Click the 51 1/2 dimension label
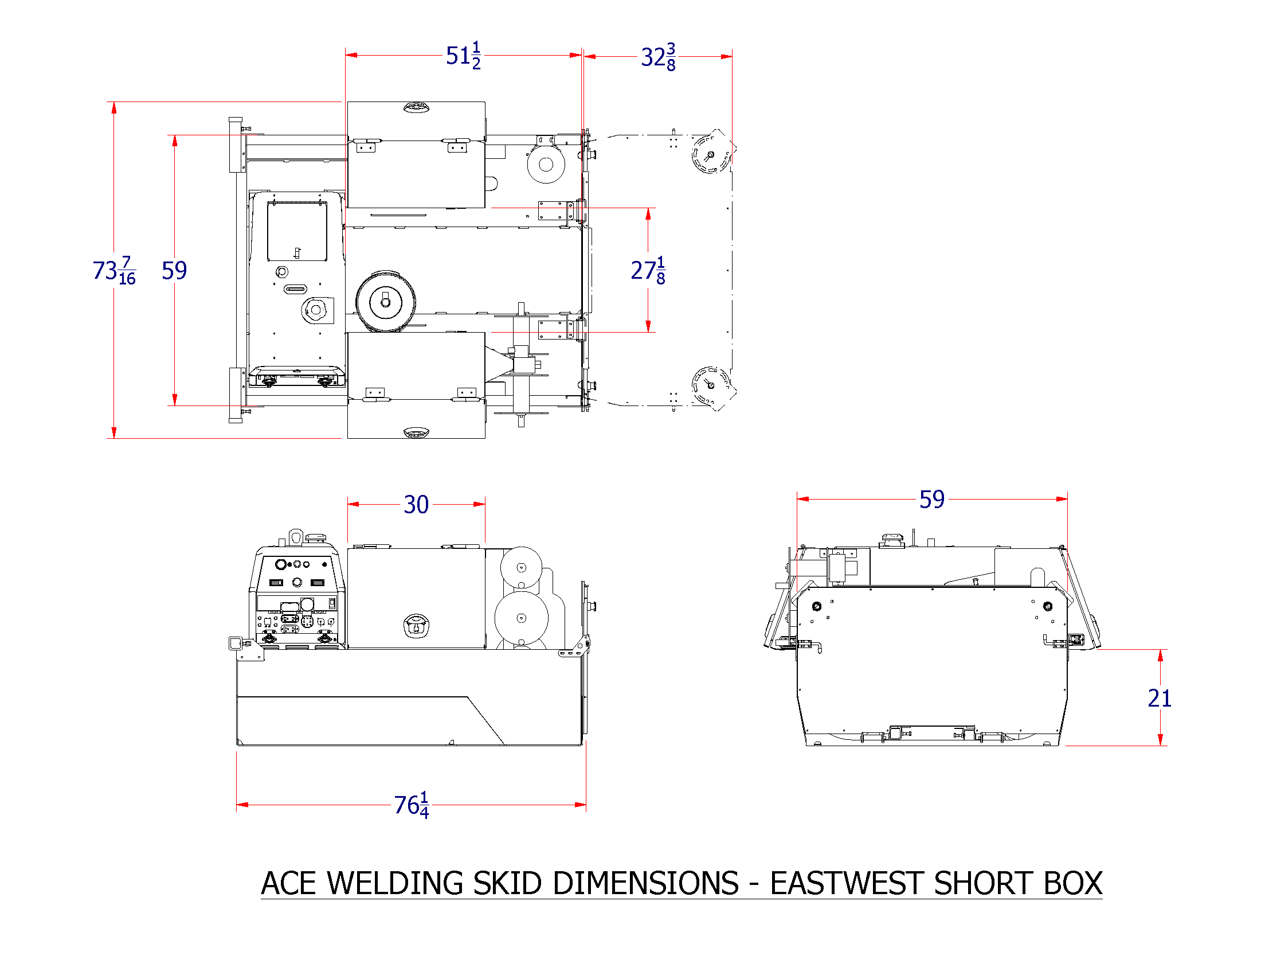(x=463, y=56)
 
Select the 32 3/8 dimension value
(x=658, y=57)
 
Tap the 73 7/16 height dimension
(x=114, y=270)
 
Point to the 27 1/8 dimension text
(x=648, y=270)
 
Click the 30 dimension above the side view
(x=416, y=505)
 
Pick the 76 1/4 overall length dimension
(x=411, y=805)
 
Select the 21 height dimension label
(x=1160, y=699)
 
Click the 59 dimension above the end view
(x=931, y=500)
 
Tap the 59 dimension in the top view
(x=174, y=270)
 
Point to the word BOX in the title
(x=1073, y=884)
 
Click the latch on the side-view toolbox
(x=416, y=626)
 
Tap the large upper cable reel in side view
(x=521, y=567)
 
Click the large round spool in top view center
(x=385, y=302)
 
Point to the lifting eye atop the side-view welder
(x=296, y=537)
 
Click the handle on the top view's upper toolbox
(x=416, y=107)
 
